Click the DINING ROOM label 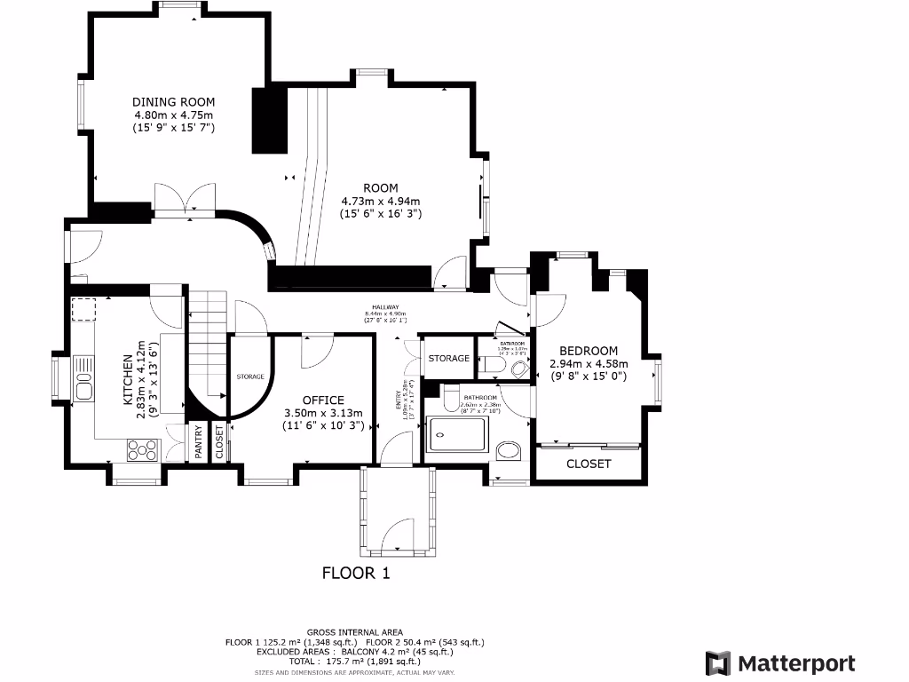[174, 102]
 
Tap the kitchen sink [84, 388]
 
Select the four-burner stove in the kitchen [141, 450]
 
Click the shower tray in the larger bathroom [456, 434]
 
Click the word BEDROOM [589, 351]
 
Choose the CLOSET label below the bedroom [589, 464]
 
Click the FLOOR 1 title [355, 573]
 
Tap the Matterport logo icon [718, 663]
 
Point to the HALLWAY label [385, 307]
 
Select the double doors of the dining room [185, 198]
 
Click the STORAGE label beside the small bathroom [448, 358]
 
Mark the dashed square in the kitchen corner [83, 310]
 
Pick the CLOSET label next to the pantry [219, 441]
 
